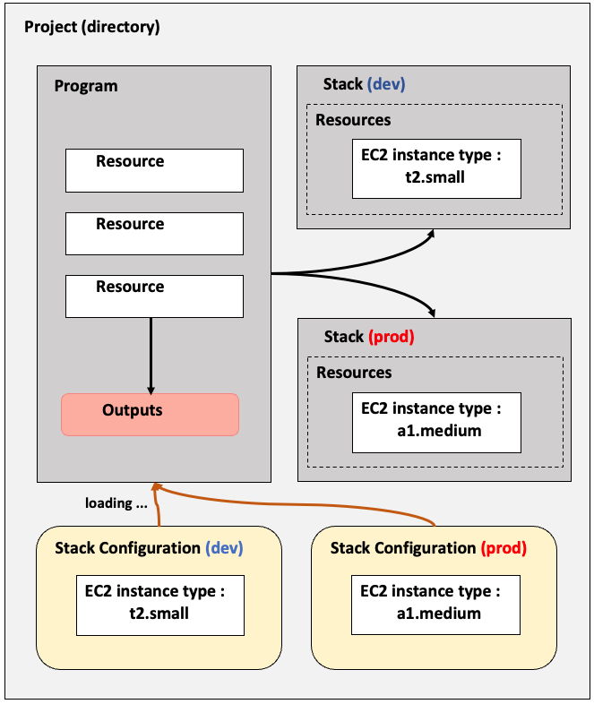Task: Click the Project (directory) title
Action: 92,27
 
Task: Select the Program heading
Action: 86,86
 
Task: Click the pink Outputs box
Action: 150,415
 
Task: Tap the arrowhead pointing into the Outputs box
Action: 151,390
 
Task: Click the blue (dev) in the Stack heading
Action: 386,84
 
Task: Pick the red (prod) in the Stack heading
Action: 392,336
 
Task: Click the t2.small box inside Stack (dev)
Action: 436,168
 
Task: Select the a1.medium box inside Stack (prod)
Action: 436,423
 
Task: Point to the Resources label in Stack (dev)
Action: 353,120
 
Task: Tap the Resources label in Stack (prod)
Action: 354,373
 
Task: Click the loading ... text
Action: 116,502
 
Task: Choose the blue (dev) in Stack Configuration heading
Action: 224,548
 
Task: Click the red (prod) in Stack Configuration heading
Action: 504,548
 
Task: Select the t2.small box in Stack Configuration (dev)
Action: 160,605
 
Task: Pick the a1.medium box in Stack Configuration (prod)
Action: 435,605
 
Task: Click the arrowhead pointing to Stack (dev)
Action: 431,234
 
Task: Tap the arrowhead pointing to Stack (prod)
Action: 432,313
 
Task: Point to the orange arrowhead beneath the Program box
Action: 156,486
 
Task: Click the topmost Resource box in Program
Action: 154,170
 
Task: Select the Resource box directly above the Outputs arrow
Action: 154,296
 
